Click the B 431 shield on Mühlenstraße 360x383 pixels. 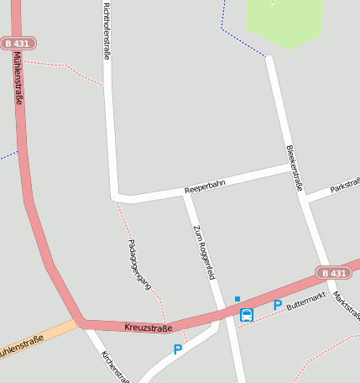[x=18, y=43]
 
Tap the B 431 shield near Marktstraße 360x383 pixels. [x=333, y=272]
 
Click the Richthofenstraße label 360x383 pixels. [x=107, y=29]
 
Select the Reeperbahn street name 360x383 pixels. [x=205, y=189]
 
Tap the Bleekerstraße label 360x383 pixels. [x=295, y=167]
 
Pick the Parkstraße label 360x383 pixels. [x=346, y=184]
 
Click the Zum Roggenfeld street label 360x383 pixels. [x=204, y=253]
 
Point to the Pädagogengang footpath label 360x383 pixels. [x=138, y=264]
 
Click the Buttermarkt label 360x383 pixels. [x=305, y=303]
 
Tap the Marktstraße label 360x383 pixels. [x=346, y=306]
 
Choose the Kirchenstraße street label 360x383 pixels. [x=114, y=365]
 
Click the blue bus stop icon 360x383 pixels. [x=247, y=315]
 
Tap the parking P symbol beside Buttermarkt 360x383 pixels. [x=277, y=306]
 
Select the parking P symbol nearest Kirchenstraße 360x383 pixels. [x=177, y=349]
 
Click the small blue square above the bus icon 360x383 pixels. [x=237, y=298]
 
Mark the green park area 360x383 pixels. [x=284, y=20]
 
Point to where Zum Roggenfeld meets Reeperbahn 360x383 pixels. [x=185, y=195]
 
